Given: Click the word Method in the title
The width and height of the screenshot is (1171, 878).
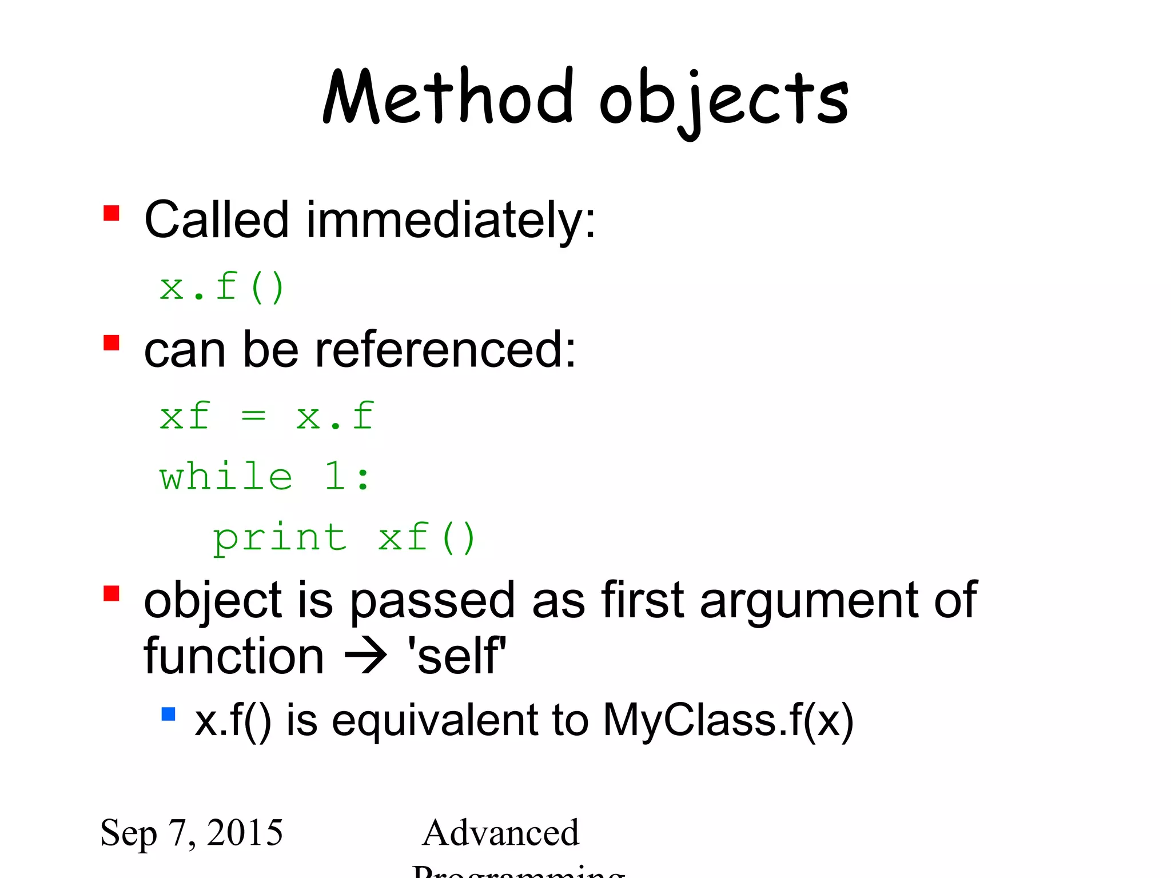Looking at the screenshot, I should (448, 97).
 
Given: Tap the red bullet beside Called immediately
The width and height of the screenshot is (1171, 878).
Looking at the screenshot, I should (111, 213).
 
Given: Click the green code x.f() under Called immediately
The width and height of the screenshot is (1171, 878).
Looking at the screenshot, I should (222, 287).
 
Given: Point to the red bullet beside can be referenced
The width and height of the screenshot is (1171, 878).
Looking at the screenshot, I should (111, 343).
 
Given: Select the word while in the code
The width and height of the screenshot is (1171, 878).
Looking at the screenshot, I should (226, 477).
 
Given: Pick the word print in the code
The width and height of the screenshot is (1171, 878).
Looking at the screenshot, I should (280, 538).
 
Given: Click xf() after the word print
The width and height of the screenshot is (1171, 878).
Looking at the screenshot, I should (427, 538).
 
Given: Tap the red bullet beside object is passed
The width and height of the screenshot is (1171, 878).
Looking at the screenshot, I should (111, 593).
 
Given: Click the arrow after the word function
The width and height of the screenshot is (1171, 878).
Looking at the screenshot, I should (366, 656).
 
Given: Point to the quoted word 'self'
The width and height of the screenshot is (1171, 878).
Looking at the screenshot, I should (456, 656).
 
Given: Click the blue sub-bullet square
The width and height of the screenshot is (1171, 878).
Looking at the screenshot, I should (168, 714).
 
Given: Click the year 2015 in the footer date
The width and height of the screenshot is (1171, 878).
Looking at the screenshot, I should (245, 832).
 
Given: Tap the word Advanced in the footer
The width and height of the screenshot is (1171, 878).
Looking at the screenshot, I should (501, 832).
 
